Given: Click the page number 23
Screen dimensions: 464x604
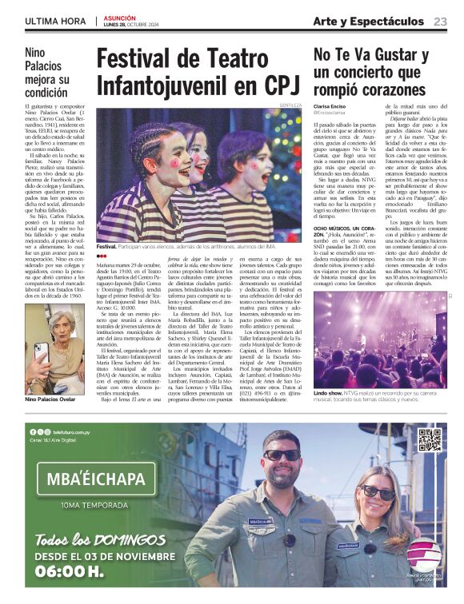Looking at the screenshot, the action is (440, 21).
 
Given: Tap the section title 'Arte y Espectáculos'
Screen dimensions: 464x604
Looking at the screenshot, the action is (368, 21).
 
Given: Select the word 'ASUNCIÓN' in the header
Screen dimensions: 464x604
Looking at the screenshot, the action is (120, 18).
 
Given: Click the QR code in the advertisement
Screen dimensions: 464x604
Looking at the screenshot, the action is (429, 439).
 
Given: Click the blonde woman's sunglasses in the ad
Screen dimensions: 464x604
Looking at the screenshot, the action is (378, 492).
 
